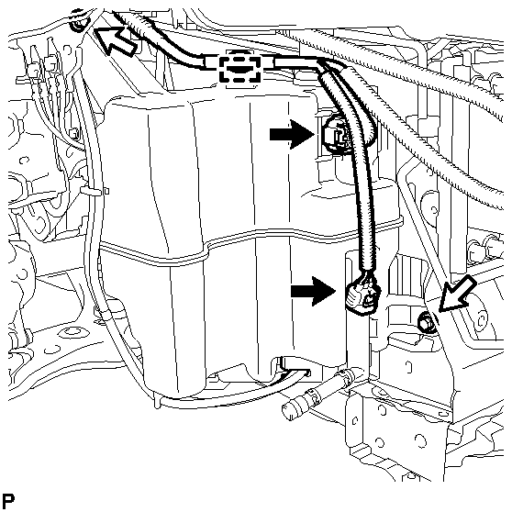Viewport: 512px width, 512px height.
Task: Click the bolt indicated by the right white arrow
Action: pos(425,322)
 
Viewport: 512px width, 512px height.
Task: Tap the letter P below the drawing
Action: pos(10,501)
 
